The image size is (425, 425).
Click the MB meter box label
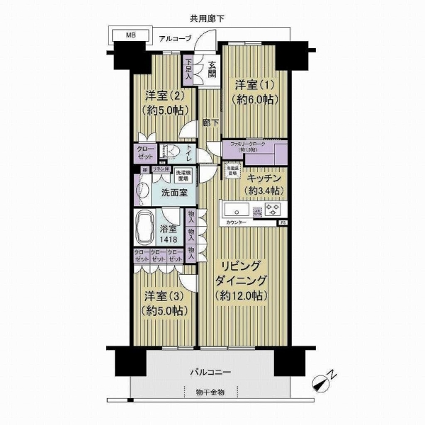(132, 33)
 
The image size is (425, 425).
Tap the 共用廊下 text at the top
(207, 18)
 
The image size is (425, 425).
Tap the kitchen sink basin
(236, 210)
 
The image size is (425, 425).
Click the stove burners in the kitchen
(275, 210)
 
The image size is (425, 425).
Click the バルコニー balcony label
(209, 372)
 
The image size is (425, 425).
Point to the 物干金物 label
(209, 392)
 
